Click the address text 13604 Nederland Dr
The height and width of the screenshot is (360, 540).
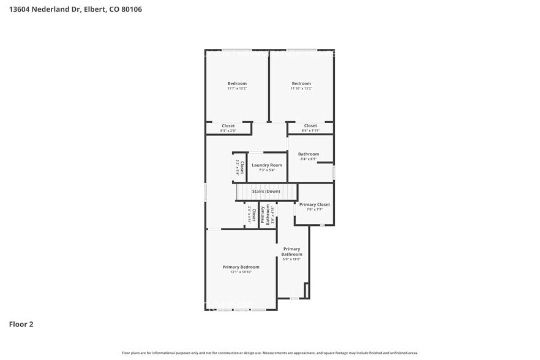point(45,10)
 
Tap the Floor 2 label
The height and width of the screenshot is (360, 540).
point(21,324)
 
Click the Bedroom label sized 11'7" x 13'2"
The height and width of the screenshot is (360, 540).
point(237,84)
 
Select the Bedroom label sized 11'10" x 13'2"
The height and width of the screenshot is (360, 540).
point(301,84)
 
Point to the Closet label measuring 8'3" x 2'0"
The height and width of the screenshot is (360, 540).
point(228,126)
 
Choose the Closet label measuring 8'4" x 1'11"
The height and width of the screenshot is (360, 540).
point(310,126)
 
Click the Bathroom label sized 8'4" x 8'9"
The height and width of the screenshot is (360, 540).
point(309,154)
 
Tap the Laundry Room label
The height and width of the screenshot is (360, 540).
point(267,165)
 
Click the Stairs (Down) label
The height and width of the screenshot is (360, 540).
point(266,192)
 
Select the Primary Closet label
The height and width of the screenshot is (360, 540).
point(315,204)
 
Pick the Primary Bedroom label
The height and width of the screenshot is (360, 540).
point(241,267)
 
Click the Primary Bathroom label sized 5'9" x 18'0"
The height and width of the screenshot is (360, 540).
point(292,252)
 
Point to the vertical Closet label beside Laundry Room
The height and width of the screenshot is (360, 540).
point(242,167)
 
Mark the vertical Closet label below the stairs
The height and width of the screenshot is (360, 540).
point(253,215)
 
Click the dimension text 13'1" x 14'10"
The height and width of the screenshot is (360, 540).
point(241,272)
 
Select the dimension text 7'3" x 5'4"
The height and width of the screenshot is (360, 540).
point(267,170)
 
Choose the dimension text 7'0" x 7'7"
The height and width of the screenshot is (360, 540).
point(315,209)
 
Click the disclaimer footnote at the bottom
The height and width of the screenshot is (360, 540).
point(270,353)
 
